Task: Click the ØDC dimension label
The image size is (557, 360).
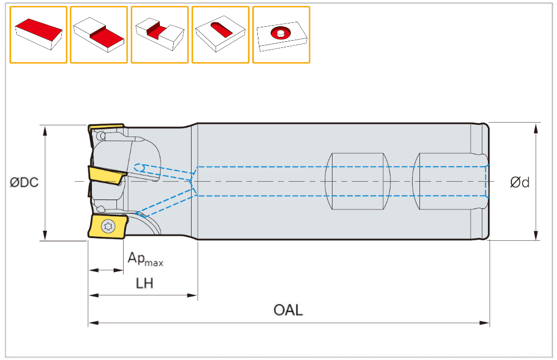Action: [x=24, y=182]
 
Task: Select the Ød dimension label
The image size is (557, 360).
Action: [x=520, y=182]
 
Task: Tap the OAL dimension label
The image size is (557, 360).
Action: [x=288, y=310]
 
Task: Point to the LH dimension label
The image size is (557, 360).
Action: [x=145, y=284]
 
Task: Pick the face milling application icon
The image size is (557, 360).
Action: [x=38, y=35]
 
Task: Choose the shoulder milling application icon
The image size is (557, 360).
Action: [x=99, y=35]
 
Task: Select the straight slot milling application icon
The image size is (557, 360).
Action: [x=159, y=35]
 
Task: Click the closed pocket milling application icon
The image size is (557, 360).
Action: [x=220, y=35]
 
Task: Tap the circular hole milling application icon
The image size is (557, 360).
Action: [x=281, y=35]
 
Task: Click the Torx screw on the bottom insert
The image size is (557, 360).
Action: [x=108, y=226]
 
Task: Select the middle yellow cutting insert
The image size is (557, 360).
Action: [x=107, y=174]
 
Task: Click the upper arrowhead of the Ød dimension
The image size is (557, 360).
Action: [x=536, y=127]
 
